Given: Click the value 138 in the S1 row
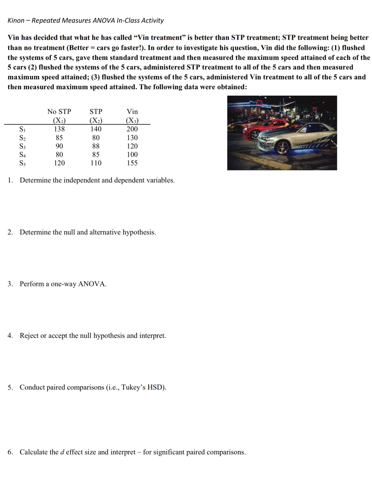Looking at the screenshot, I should [59, 129].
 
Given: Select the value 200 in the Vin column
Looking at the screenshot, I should [132, 129].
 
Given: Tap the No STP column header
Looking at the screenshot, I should [59, 112].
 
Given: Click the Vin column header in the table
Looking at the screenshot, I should [132, 112].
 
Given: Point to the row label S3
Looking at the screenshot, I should [22, 146].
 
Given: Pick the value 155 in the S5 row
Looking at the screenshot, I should [132, 163].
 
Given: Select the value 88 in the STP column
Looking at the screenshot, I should [96, 146].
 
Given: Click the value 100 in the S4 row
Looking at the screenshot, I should [132, 155].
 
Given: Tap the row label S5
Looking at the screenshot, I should [22, 163].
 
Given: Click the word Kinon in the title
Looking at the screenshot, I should [16, 21].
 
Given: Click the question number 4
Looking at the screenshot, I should [10, 336].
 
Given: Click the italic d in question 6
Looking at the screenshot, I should [62, 452].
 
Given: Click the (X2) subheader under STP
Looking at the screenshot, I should [96, 121].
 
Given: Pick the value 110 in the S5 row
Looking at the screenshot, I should [96, 163].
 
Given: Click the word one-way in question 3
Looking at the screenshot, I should [64, 284].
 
